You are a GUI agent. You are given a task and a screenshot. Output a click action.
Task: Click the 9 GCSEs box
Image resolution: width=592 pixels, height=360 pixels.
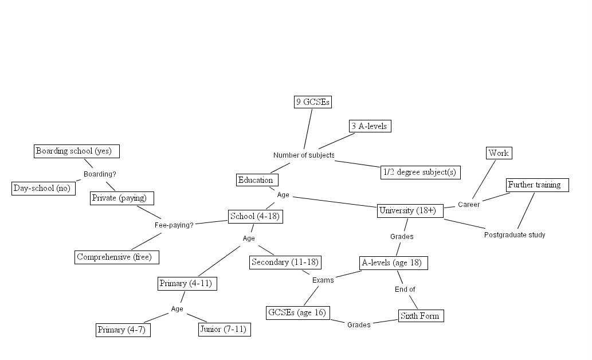(313, 102)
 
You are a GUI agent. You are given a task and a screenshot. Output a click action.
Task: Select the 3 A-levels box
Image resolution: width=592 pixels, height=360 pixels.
(370, 126)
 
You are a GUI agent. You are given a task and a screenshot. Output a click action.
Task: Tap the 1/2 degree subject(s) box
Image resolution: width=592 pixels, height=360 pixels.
(421, 172)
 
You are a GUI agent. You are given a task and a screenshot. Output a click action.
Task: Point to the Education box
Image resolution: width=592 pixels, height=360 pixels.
(257, 180)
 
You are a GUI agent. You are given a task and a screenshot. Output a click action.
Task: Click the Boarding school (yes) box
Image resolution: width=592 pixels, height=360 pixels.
(77, 151)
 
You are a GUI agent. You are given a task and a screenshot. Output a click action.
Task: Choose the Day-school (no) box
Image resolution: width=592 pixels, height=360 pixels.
(44, 189)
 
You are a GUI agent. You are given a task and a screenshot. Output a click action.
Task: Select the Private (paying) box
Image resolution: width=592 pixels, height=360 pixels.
(122, 198)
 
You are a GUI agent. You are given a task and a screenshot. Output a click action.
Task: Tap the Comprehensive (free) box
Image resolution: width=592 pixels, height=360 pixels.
(117, 257)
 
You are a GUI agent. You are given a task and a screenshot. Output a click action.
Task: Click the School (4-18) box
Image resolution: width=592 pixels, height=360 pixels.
(256, 217)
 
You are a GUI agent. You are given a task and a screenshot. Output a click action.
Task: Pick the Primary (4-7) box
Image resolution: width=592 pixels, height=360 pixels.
(123, 330)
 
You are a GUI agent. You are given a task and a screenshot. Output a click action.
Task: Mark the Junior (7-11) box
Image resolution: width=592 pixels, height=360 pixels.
(224, 330)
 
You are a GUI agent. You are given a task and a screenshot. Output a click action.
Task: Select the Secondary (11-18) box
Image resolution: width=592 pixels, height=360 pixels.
(285, 263)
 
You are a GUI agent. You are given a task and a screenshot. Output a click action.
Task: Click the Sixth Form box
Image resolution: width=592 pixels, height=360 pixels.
(421, 316)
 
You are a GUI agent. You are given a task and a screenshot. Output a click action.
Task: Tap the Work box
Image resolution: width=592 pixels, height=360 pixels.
(499, 153)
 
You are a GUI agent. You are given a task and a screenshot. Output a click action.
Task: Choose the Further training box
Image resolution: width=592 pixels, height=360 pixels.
(538, 185)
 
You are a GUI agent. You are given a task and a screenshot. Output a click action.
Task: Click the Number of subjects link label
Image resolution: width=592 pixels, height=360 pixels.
(304, 155)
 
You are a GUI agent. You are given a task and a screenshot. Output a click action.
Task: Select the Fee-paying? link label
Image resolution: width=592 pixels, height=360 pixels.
(174, 225)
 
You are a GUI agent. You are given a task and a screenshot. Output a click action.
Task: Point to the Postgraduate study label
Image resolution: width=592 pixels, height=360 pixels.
(515, 235)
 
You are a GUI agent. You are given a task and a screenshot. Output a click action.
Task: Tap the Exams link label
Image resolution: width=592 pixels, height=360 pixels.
(323, 280)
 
